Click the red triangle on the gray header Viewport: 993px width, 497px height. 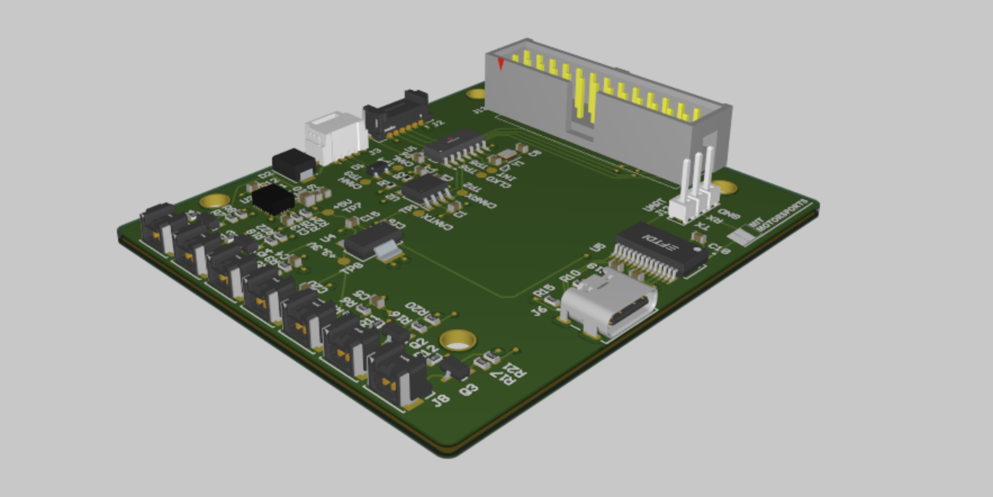click(500, 64)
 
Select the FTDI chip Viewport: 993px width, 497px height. click(661, 248)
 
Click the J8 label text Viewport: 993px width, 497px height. click(440, 400)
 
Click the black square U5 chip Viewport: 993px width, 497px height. click(273, 199)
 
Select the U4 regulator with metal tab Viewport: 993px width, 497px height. click(373, 242)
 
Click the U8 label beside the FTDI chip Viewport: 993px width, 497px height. click(597, 247)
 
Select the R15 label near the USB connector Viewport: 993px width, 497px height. click(543, 292)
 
